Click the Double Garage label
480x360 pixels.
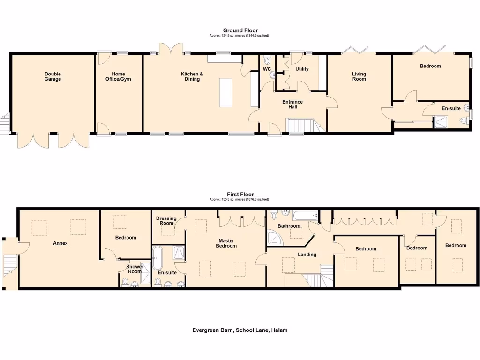tap(52, 76)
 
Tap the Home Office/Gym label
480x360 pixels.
tap(118, 76)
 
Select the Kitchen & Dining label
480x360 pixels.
tap(192, 76)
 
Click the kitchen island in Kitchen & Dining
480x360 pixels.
tap(225, 93)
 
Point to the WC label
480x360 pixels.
tap(267, 69)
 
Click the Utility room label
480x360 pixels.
tap(302, 69)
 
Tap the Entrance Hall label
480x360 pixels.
tap(292, 104)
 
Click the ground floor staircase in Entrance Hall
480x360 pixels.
tap(300, 126)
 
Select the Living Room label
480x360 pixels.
tap(359, 76)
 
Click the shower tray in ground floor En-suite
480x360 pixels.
tap(441, 122)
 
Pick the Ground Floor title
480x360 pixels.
tap(240, 31)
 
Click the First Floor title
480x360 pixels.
tap(240, 195)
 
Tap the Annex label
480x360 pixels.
tap(60, 243)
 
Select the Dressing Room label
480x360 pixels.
tap(166, 221)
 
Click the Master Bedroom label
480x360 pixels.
tap(226, 243)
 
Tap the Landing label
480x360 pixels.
tap(307, 255)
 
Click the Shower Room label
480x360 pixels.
tap(135, 269)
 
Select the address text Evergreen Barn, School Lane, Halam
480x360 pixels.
tap(240, 330)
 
